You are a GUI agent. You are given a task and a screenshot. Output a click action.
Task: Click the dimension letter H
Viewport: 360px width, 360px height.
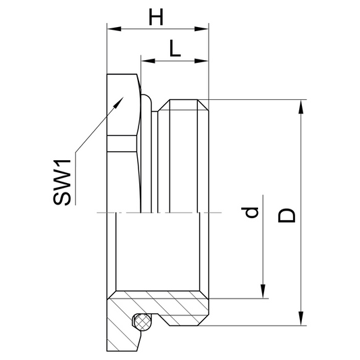[156, 17]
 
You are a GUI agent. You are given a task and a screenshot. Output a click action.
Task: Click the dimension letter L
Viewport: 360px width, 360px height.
[175, 48]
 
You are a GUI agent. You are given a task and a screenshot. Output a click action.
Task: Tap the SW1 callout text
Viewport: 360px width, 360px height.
[62, 182]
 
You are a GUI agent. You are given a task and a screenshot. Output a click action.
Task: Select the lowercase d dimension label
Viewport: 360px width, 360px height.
[250, 212]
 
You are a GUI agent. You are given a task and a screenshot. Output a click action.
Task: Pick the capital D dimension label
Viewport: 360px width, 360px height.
[286, 216]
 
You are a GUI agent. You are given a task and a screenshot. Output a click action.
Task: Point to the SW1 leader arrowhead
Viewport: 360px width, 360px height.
[119, 102]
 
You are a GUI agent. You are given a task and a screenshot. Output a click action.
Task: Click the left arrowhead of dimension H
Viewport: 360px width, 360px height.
[114, 29]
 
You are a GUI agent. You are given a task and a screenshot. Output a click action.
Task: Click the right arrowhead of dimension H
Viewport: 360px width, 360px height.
[201, 29]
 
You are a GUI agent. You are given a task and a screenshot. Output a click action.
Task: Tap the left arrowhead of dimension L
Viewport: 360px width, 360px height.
[148, 61]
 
